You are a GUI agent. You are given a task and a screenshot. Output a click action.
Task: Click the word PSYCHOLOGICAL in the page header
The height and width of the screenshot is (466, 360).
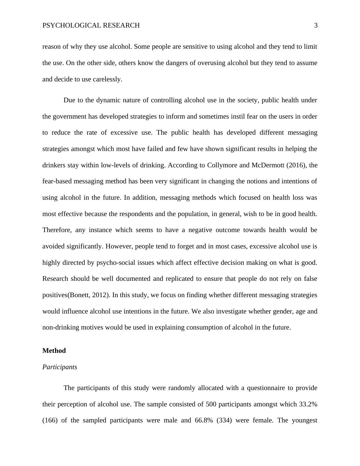(x=72, y=25)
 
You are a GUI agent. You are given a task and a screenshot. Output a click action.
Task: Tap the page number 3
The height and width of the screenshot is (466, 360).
(x=316, y=25)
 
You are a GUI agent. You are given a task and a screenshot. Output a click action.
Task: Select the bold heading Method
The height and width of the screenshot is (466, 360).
(x=54, y=351)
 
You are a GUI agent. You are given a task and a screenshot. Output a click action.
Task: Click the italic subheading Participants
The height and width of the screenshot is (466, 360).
(x=60, y=367)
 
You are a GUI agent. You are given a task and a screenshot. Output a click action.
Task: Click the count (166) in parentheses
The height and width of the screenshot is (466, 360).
(x=50, y=421)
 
